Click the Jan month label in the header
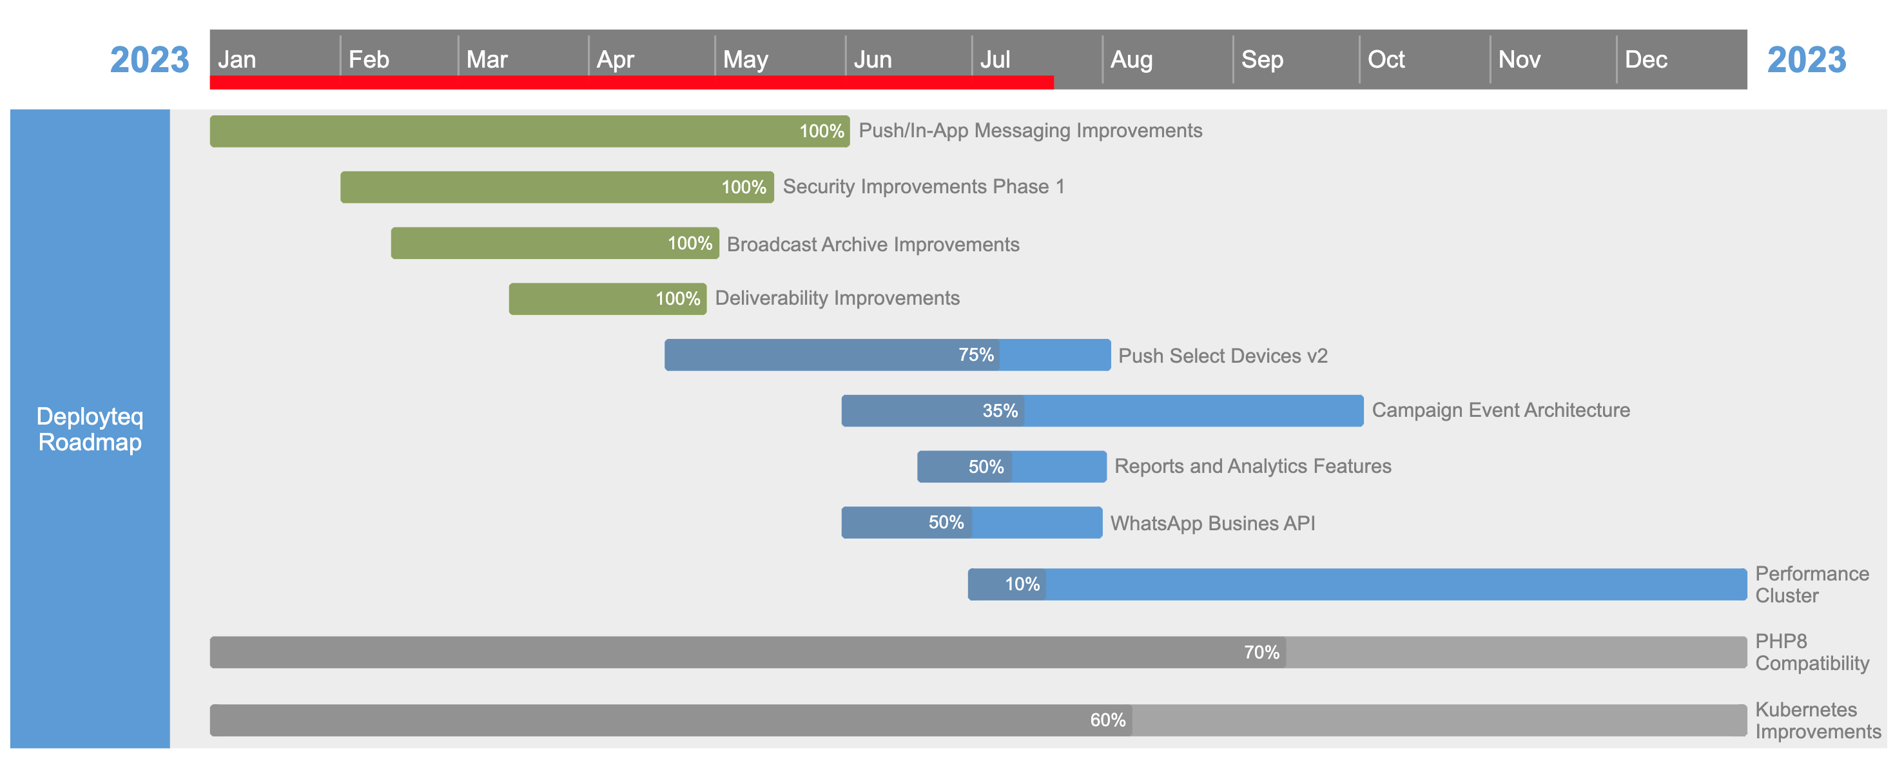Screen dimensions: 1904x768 (237, 59)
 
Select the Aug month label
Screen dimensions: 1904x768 (1131, 59)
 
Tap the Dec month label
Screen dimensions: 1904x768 (1646, 59)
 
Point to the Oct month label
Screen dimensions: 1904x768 (1386, 59)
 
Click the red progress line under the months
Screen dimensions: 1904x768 (632, 82)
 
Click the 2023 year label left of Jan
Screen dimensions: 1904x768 (150, 60)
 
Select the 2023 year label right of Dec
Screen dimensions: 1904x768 (1807, 60)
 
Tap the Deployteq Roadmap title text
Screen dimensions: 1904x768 (90, 428)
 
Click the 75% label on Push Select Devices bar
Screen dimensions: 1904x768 (976, 355)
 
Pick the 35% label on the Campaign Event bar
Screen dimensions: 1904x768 (1000, 411)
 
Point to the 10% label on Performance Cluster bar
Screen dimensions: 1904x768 (1022, 584)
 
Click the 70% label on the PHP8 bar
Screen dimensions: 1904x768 (1261, 653)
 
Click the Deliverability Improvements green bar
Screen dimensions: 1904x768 (608, 298)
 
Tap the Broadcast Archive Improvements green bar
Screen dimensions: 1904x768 (555, 243)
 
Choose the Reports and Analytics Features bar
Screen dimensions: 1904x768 (1012, 466)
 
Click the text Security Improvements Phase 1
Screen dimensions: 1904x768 (924, 186)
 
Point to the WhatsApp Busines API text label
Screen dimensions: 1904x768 (1213, 523)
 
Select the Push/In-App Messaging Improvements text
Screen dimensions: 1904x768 (1031, 131)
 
